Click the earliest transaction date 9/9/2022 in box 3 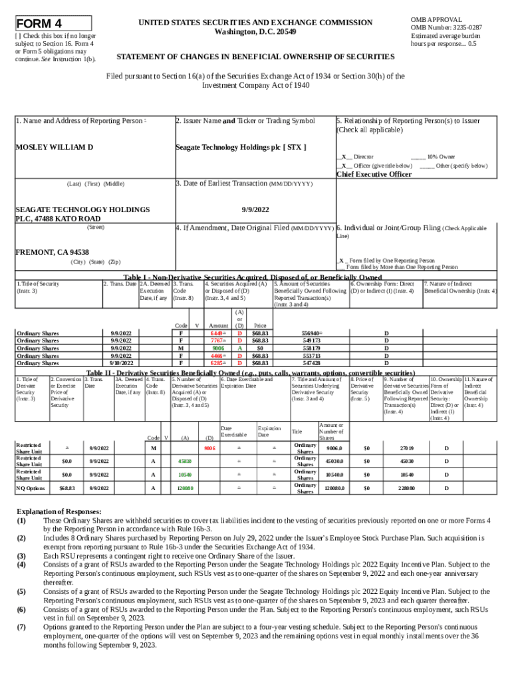point(255,209)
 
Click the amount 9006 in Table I point(217,348)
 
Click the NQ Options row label point(31,488)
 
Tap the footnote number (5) point(21,591)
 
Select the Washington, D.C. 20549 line point(255,32)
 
